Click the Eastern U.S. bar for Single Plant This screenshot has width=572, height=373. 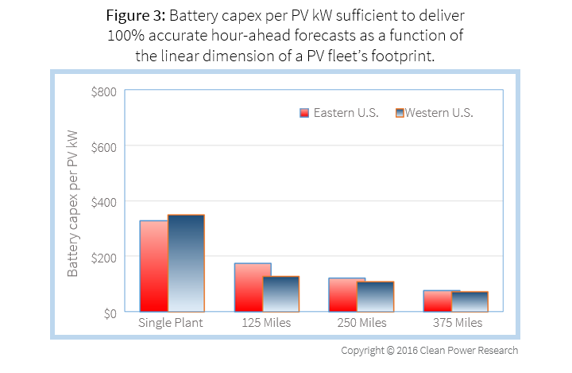coord(154,266)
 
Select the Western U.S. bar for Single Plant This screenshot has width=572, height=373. coord(186,263)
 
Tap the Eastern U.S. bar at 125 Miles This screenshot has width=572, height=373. coord(253,287)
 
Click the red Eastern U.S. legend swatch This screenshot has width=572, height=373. coord(303,113)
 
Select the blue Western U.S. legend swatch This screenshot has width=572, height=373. coord(400,113)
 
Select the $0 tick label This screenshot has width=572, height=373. coord(109,313)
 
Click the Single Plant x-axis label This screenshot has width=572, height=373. coord(171,324)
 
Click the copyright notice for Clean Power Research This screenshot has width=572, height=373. coord(429,351)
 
